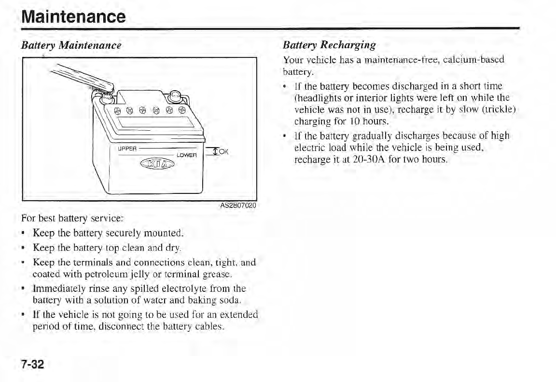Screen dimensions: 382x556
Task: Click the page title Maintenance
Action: coord(74,17)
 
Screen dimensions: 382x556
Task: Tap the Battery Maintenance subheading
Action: coord(70,46)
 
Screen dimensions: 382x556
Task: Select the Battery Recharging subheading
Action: coord(329,45)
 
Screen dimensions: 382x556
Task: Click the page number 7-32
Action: coord(32,364)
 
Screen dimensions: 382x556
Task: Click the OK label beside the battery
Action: coord(223,152)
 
